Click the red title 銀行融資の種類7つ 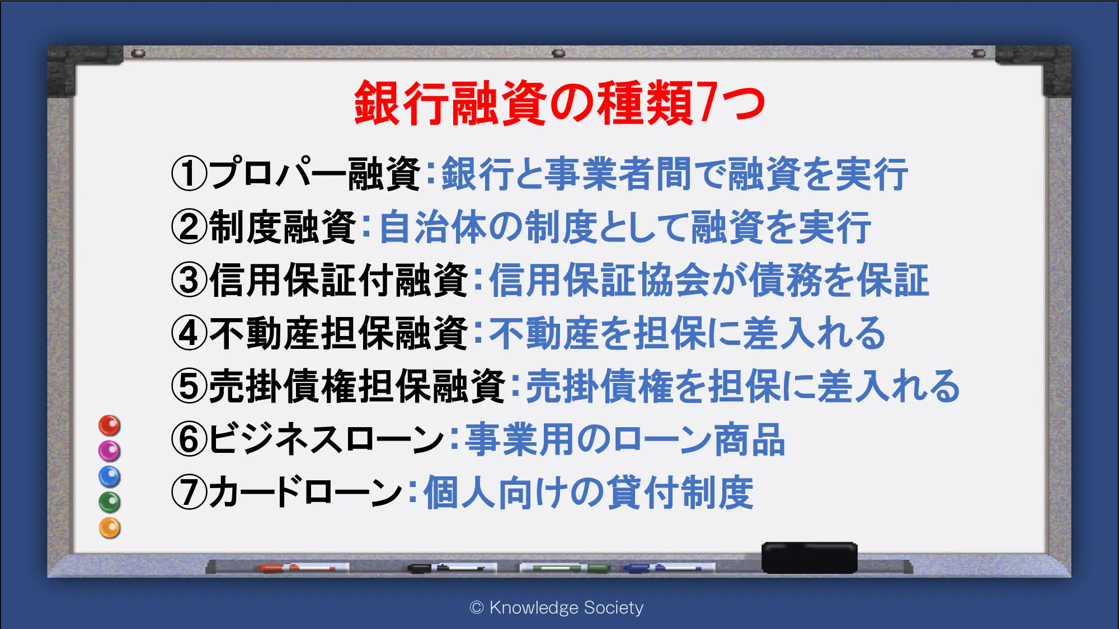(560, 103)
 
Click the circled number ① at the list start (189, 173)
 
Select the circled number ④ (189, 333)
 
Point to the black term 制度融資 (283, 226)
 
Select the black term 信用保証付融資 (339, 280)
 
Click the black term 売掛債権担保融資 (358, 386)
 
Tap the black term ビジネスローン (327, 439)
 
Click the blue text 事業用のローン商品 (626, 439)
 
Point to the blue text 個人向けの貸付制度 (589, 492)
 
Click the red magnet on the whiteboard (110, 425)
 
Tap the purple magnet (110, 451)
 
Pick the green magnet (110, 502)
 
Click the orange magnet (110, 528)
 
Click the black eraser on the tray (809, 557)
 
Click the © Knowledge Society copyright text (557, 608)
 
